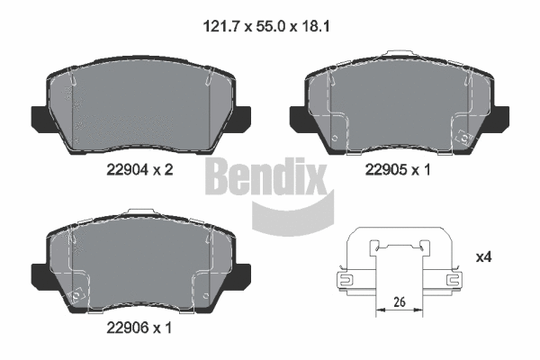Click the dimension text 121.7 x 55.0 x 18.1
click(269, 26)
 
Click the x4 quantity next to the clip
click(483, 258)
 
